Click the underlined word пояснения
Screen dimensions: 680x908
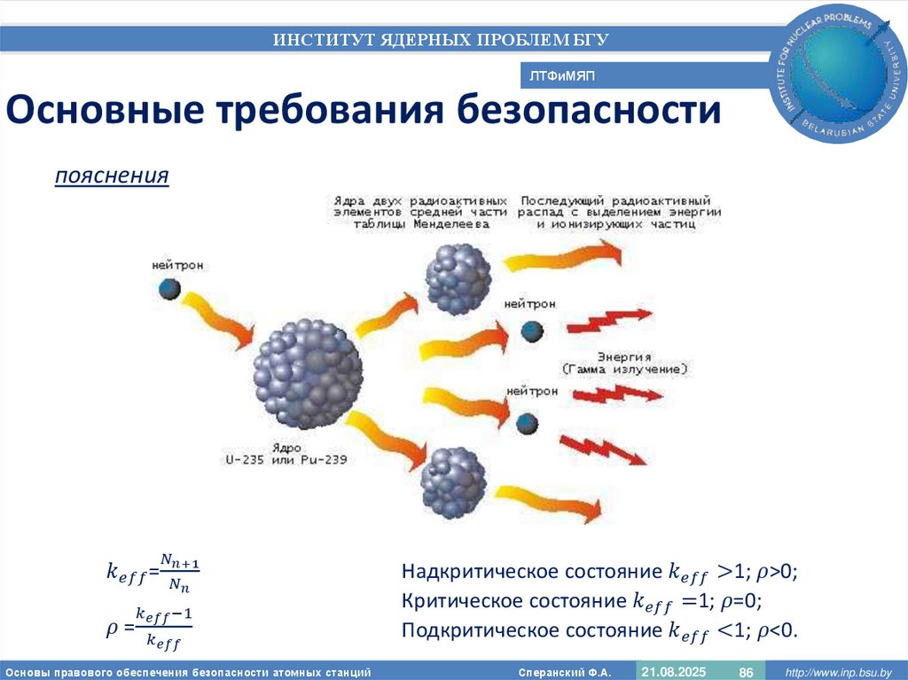(112, 176)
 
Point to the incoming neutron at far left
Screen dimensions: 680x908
(169, 288)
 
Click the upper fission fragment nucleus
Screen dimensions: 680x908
(458, 278)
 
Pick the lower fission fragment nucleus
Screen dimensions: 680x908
(453, 481)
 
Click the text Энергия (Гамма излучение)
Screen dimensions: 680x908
(624, 361)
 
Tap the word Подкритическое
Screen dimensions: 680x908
(467, 630)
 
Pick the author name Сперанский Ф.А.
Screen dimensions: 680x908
(571, 673)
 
